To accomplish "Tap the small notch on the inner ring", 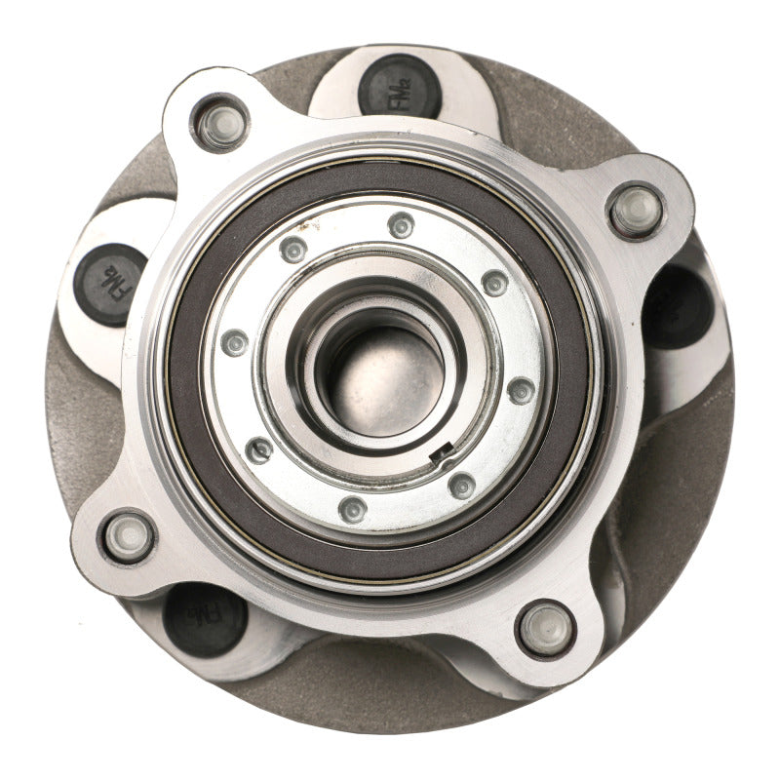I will tap(445, 449).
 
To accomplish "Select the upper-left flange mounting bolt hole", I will tap(220, 124).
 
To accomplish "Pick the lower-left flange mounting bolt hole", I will tap(129, 536).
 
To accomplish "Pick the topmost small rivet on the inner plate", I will tap(401, 225).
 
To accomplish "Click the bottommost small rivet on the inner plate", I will tap(352, 508).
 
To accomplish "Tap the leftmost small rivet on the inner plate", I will tap(235, 342).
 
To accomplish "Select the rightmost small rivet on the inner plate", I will tap(522, 390).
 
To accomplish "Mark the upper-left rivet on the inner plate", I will tap(293, 250).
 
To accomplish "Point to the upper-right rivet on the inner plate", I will tap(494, 283).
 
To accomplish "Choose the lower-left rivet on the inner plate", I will tap(259, 449).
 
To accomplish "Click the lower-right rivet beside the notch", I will tap(462, 485).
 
